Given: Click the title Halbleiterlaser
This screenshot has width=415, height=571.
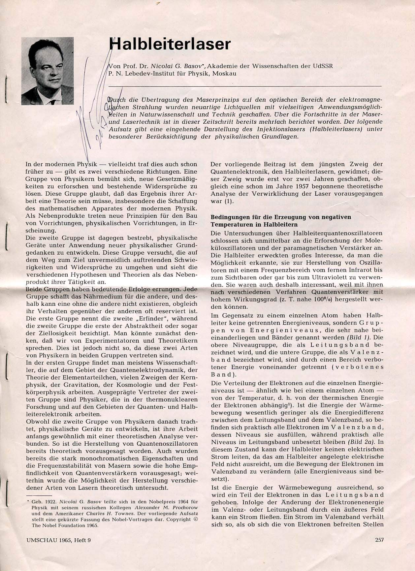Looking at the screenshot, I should [170, 44].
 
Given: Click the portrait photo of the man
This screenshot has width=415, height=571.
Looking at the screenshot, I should [48, 71].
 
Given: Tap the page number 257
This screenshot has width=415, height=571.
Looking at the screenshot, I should [379, 540].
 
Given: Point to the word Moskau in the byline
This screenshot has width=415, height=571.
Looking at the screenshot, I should [224, 74].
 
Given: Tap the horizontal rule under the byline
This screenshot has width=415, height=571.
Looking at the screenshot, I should [244, 86].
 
